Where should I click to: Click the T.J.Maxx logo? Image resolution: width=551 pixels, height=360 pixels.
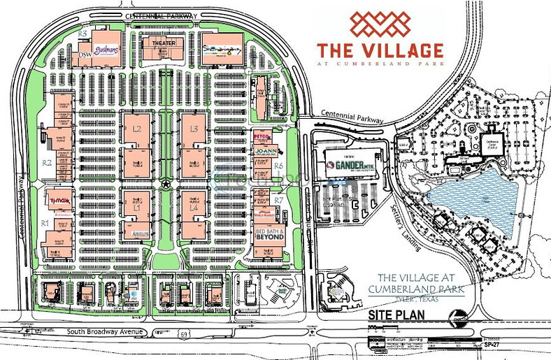(59, 198)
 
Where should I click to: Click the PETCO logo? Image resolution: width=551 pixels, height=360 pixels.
(262, 136)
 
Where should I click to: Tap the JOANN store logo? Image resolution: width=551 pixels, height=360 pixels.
(266, 151)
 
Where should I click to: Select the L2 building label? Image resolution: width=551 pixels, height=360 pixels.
(137, 129)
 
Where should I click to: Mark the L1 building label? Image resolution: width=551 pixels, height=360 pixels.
(137, 208)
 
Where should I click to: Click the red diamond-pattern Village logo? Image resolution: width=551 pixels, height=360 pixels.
(380, 25)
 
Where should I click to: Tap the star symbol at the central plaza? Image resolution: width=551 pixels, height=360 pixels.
(166, 184)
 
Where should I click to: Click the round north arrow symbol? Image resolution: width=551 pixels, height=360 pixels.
(459, 319)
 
